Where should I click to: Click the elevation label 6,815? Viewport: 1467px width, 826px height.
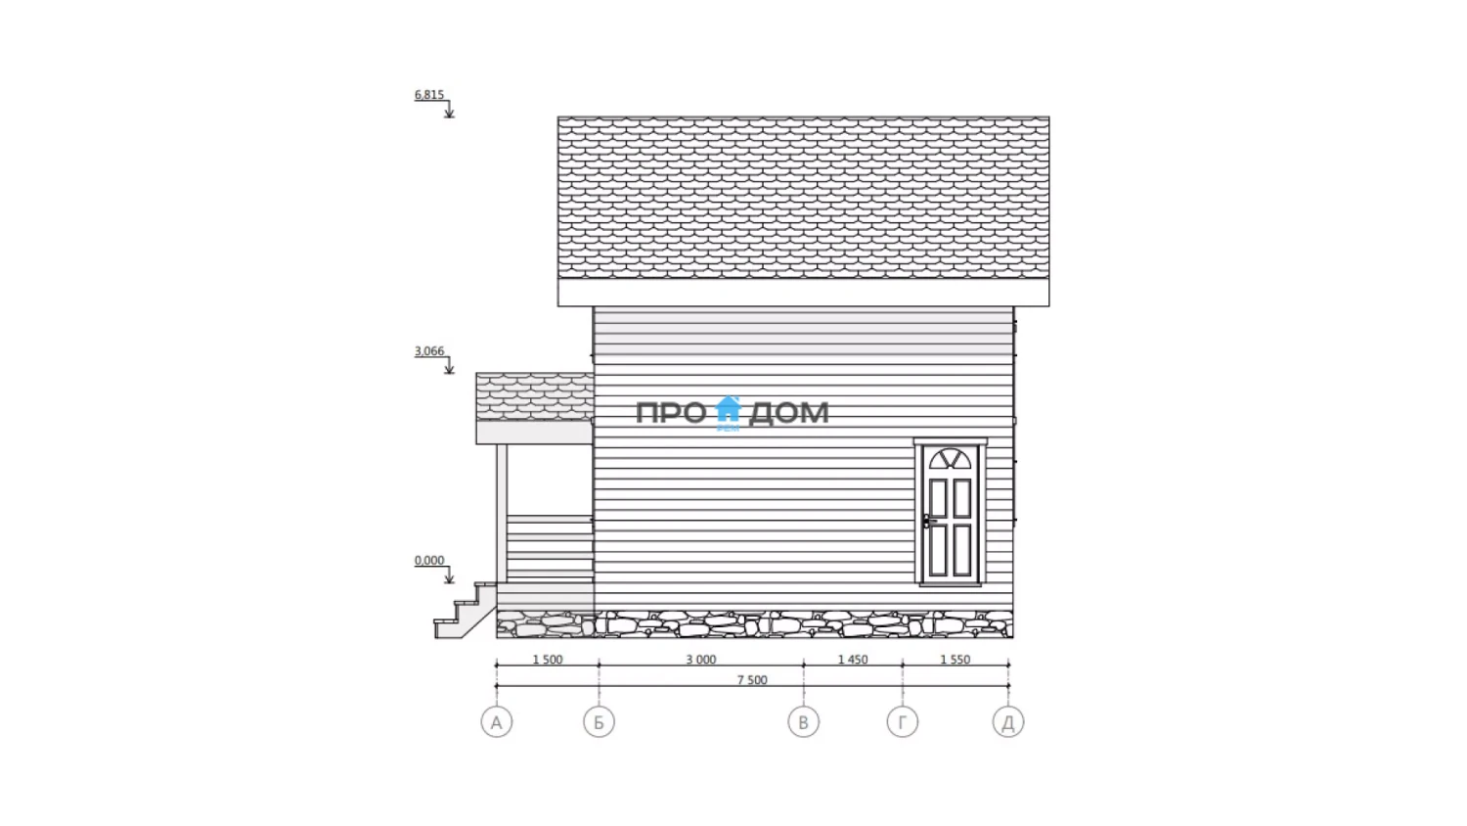(x=429, y=94)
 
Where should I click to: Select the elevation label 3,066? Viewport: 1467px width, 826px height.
(x=429, y=350)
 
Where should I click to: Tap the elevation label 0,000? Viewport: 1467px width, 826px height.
(x=429, y=561)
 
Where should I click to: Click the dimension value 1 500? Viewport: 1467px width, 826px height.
(x=548, y=660)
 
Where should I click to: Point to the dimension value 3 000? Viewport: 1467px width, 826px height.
(x=701, y=660)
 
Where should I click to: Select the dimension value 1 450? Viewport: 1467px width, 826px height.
(x=853, y=660)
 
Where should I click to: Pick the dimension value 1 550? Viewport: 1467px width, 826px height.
(x=956, y=660)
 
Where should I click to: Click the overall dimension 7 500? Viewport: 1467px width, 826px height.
(x=752, y=680)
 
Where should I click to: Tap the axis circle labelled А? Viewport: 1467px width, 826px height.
(x=497, y=722)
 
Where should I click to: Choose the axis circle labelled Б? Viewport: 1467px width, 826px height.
(x=599, y=722)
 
